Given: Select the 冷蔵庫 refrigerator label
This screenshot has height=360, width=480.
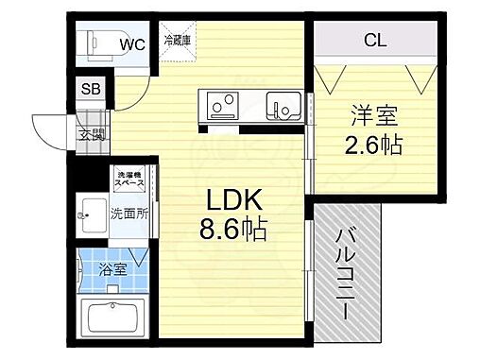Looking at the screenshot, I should coord(178,40).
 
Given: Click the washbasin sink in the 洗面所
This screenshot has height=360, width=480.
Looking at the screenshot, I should coord(94,214).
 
